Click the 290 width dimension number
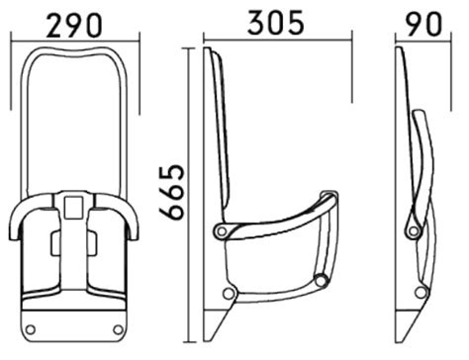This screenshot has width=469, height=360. tap(74, 25)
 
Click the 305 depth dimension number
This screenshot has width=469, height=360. tap(276, 23)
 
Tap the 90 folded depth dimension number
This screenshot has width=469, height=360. tap(423, 24)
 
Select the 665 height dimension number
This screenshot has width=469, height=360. tap(171, 192)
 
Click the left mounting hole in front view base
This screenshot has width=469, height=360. tap(31, 329)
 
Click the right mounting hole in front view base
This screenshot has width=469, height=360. tap(118, 329)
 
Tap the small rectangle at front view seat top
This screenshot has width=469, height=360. tap(73, 208)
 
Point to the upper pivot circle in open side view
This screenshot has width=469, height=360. tap(222, 231)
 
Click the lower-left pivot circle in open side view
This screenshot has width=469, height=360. tap(228, 294)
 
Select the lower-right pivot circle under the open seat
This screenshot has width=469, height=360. tap(321, 281)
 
